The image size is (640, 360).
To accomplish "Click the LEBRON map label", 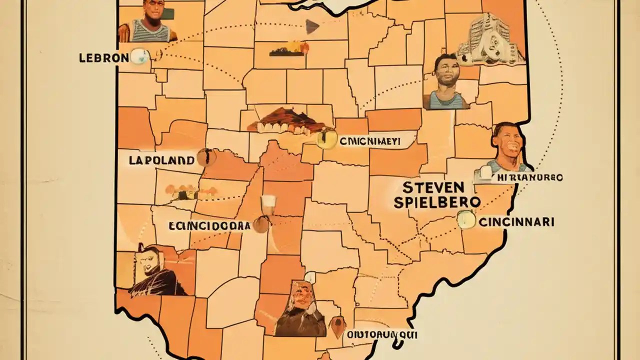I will [x=104, y=57].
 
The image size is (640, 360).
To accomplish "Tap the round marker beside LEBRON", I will [x=139, y=56].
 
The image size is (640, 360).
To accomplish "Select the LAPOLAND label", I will [x=161, y=160].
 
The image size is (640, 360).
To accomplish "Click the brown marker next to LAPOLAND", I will [x=206, y=157].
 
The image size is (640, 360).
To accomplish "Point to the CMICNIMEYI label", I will [x=369, y=141].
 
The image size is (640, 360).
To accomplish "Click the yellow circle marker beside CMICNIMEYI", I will [x=326, y=139].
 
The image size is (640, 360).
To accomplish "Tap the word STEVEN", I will [x=433, y=189].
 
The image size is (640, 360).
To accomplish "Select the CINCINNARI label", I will [x=516, y=222].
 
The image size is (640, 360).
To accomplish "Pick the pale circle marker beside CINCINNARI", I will [x=466, y=220].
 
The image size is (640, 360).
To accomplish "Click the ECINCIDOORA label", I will [x=209, y=225].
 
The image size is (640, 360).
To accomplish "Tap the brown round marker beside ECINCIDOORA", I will [x=260, y=225].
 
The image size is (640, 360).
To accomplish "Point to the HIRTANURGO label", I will [x=531, y=177].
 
